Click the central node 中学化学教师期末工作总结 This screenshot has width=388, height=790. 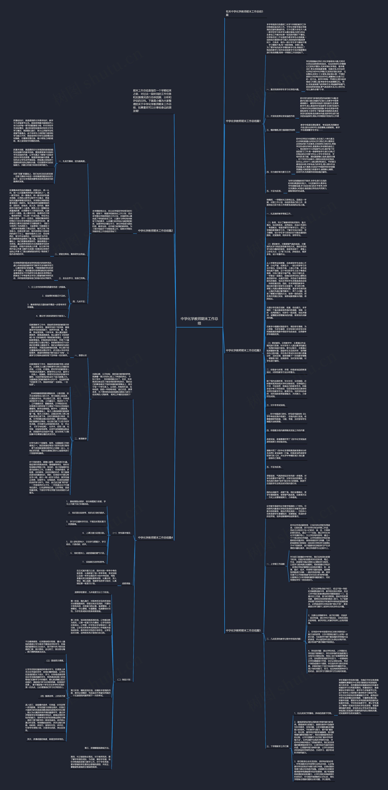[x=199, y=321]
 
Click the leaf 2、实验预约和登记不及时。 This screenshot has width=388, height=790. [x=54, y=296]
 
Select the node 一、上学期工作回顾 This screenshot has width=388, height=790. [x=275, y=564]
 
